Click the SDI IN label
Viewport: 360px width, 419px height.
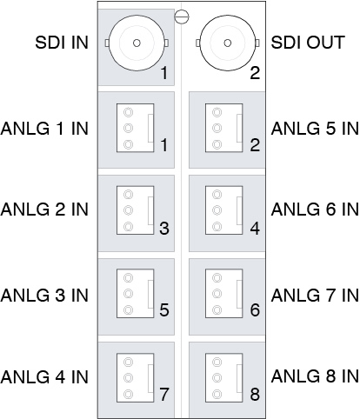62,43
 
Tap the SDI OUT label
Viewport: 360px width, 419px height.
308,43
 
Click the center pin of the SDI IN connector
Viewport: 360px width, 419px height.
137,43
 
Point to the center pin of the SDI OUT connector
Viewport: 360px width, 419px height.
228,43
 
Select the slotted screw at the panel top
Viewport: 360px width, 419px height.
182,17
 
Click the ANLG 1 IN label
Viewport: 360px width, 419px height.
44,129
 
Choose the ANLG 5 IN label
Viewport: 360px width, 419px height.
315,129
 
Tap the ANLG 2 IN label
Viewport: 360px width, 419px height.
44,209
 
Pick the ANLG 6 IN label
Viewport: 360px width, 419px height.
315,209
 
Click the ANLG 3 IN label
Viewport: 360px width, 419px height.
44,296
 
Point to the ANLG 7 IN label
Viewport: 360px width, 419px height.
315,296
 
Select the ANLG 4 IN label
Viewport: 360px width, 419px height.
44,376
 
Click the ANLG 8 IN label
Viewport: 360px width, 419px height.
315,376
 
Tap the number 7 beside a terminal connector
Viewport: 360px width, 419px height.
164,394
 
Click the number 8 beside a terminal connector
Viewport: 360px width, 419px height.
255,394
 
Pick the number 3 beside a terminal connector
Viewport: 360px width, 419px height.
164,228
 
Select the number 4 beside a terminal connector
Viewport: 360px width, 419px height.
255,228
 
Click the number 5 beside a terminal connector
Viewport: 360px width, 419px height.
164,309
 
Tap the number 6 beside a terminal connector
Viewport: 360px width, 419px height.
255,309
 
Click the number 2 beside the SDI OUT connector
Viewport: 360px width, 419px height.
255,73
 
